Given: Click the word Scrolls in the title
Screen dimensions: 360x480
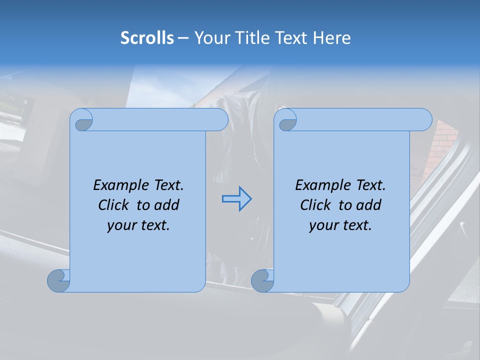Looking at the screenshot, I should pyautogui.click(x=147, y=38).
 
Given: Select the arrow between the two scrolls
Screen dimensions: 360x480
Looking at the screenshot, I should pyautogui.click(x=236, y=198).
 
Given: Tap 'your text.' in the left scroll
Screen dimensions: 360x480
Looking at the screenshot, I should pyautogui.click(x=138, y=225).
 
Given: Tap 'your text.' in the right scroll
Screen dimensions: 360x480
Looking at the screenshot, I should pyautogui.click(x=340, y=225).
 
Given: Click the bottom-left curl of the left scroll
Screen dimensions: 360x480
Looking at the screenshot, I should pyautogui.click(x=58, y=280).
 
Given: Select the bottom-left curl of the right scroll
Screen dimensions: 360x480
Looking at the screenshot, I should pyautogui.click(x=262, y=280).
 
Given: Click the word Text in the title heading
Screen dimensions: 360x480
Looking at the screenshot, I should pyautogui.click(x=290, y=38).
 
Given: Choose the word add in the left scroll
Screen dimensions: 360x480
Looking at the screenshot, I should pyautogui.click(x=167, y=205).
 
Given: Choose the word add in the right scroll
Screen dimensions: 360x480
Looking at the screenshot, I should pyautogui.click(x=369, y=205).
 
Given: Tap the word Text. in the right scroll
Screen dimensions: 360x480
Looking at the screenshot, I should pyautogui.click(x=370, y=185).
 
